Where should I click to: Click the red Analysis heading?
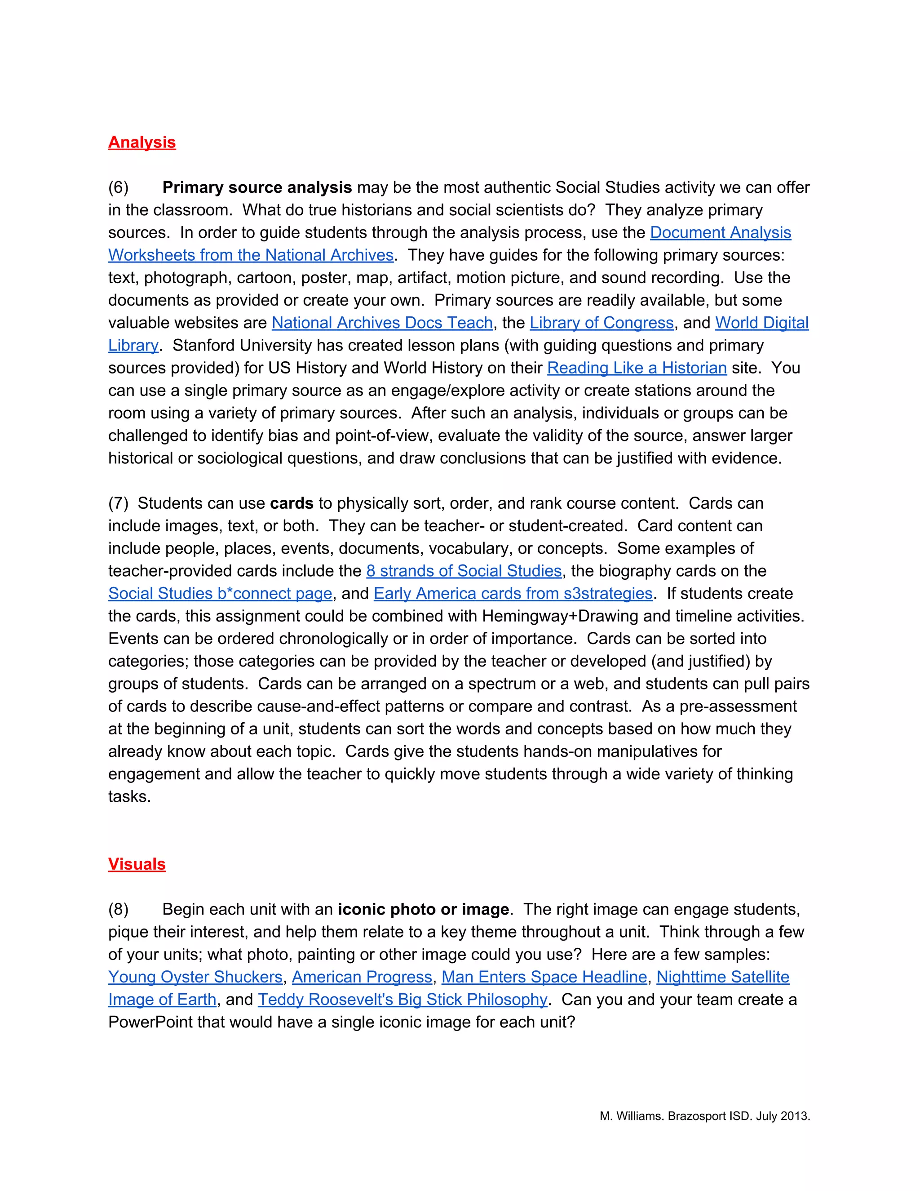(x=142, y=142)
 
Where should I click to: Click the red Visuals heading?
(x=137, y=864)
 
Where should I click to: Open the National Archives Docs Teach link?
(x=382, y=323)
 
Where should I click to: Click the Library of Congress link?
(x=602, y=323)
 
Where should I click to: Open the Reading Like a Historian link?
(x=637, y=368)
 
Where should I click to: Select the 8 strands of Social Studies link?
(x=464, y=571)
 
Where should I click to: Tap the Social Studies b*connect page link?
(x=220, y=593)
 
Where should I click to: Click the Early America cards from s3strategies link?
(x=513, y=593)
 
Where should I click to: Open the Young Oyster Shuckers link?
(x=195, y=977)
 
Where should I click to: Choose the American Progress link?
(x=362, y=977)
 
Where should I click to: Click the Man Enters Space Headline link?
(x=544, y=977)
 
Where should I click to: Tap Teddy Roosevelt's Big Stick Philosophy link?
(x=402, y=1000)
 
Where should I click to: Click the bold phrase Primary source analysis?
(x=257, y=187)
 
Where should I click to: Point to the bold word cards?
(x=292, y=503)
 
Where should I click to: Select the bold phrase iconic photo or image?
(x=423, y=909)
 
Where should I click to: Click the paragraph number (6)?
(x=118, y=187)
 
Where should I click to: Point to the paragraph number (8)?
(x=118, y=909)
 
